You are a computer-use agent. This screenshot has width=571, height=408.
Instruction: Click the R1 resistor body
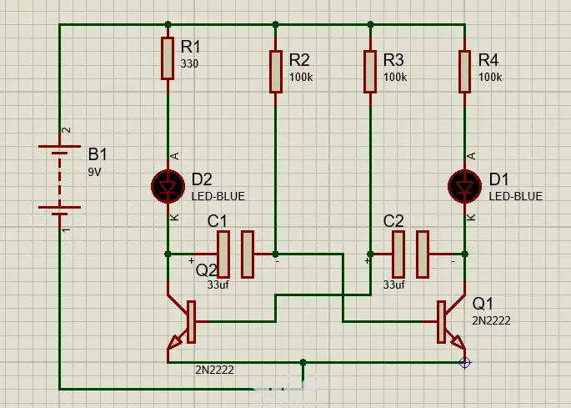point(168,58)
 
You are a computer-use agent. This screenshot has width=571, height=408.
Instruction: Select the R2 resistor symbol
point(276,72)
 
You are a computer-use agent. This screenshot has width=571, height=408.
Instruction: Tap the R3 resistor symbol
point(370,72)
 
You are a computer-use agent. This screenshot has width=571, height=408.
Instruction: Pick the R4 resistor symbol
point(464,72)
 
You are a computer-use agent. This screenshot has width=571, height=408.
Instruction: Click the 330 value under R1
point(189,63)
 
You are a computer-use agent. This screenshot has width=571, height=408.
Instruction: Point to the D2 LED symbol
point(168,187)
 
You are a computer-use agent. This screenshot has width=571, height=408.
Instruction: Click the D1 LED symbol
point(464,187)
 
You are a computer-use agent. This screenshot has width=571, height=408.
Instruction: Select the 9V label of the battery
point(94,172)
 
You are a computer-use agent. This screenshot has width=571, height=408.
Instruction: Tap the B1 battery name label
point(98,154)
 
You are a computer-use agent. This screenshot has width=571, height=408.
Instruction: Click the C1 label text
point(217,221)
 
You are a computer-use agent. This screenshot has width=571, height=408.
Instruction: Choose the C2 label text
point(393,221)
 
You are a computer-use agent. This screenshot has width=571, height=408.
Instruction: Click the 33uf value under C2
point(393,285)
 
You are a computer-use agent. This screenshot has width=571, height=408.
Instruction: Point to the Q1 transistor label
point(483,304)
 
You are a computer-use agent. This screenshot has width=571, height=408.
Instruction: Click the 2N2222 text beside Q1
point(491,321)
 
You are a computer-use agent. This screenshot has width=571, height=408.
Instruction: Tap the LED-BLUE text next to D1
point(516,197)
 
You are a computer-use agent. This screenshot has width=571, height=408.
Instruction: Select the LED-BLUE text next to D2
point(218,197)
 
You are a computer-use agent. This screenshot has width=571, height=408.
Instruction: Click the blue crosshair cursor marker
point(464,363)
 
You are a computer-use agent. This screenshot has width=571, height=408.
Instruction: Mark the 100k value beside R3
point(395,78)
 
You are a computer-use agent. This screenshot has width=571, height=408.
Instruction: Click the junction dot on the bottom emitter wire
point(303,362)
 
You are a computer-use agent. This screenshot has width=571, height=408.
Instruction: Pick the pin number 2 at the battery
point(67,130)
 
